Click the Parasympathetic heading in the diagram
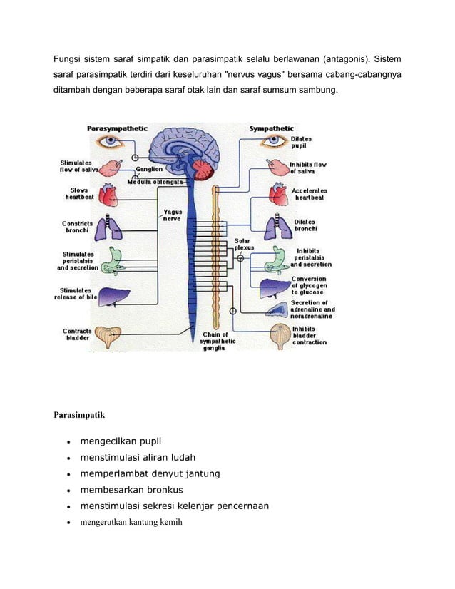(x=117, y=129)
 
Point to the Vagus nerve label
(x=173, y=215)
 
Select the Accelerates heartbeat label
(x=310, y=195)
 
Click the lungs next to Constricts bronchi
(x=108, y=227)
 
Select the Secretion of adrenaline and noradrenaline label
(x=312, y=310)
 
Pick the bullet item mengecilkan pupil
(x=121, y=441)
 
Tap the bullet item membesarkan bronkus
(x=131, y=490)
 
